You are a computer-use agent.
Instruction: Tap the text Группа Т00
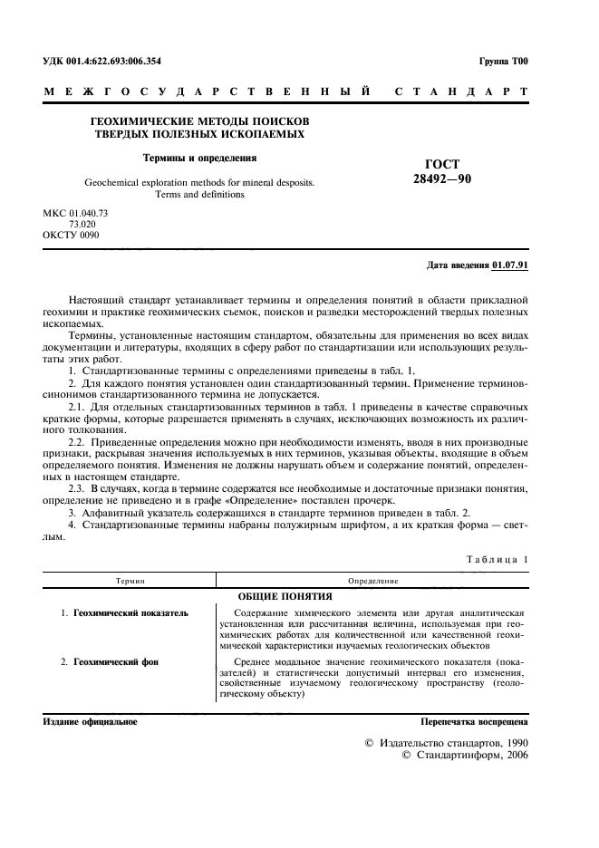503,62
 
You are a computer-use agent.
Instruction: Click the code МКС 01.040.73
75,213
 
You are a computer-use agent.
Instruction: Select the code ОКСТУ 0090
72,235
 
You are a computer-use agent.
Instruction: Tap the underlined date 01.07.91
510,265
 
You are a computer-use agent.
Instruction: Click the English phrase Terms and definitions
199,194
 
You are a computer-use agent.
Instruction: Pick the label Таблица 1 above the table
495,561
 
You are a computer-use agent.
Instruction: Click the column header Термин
130,580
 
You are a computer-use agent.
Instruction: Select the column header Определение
373,580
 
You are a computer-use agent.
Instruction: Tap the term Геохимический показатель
130,613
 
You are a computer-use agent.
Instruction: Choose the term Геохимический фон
115,662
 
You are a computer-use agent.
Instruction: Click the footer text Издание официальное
90,722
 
